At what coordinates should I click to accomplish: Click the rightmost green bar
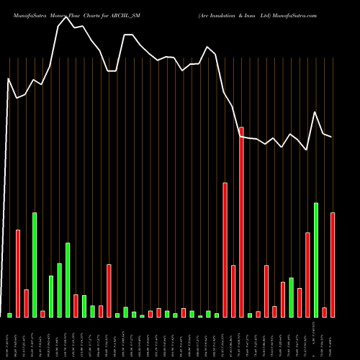coord(316,260)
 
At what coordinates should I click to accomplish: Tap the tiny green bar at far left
coord(9,315)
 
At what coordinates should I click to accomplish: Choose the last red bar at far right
coord(333,265)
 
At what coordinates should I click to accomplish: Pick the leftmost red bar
coord(18,274)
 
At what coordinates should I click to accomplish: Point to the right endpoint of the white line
coord(332,137)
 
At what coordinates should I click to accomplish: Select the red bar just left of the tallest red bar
coord(233,291)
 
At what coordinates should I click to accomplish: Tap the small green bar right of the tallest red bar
coord(250,315)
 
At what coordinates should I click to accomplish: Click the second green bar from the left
coord(35,265)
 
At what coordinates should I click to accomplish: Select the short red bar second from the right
coord(324,312)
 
